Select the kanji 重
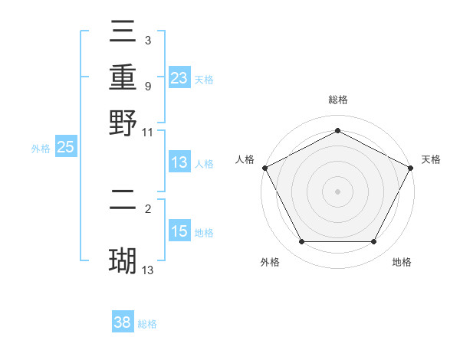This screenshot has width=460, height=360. (x=123, y=79)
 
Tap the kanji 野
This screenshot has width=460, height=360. (x=123, y=123)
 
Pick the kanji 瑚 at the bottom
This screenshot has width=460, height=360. (x=123, y=260)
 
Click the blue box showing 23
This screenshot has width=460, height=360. (x=179, y=78)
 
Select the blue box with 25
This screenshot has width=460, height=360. (x=66, y=148)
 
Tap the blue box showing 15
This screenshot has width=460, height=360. (x=179, y=232)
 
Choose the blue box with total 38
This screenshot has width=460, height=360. (x=123, y=323)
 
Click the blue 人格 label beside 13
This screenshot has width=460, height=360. (x=204, y=164)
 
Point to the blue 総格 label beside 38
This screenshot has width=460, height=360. (x=147, y=324)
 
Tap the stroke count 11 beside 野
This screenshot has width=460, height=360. (x=148, y=132)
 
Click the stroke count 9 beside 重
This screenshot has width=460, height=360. (x=147, y=86)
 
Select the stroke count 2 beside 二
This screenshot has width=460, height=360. (x=147, y=208)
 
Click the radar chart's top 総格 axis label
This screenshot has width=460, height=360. (x=337, y=100)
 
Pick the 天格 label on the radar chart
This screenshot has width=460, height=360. (x=431, y=159)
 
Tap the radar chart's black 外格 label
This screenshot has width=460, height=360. (x=270, y=263)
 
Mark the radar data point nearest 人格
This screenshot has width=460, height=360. (x=264, y=168)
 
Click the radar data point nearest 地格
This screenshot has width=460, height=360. (x=374, y=242)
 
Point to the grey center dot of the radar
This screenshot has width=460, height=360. (x=337, y=191)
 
